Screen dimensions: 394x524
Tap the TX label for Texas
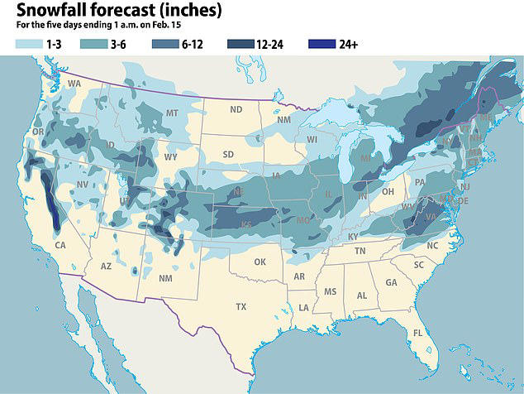click(241, 306)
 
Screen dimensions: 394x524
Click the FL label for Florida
click(418, 333)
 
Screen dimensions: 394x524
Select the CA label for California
click(60, 245)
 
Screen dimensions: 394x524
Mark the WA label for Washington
click(74, 84)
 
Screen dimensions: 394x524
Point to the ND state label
click(236, 109)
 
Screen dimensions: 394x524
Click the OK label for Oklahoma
click(260, 262)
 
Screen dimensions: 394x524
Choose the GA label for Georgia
click(391, 282)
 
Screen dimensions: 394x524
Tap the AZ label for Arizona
click(106, 267)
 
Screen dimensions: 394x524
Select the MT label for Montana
click(172, 113)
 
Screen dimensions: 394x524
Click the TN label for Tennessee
click(360, 251)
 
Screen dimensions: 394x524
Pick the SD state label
click(229, 153)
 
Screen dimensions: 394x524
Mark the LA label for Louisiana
click(303, 308)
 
